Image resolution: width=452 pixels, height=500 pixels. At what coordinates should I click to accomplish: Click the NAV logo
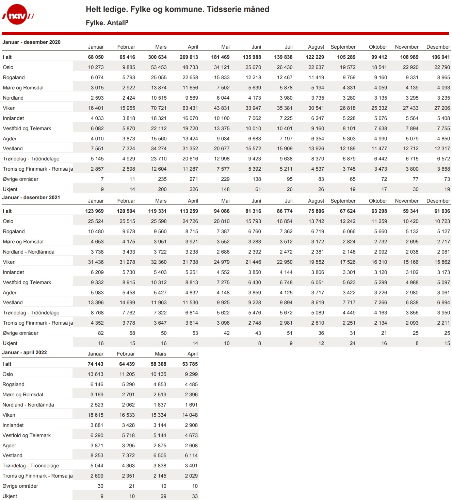(18, 15)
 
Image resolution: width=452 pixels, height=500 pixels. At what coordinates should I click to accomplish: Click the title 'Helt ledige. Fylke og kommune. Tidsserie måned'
(177, 9)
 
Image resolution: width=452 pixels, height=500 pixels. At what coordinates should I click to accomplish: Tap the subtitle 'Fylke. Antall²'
(107, 23)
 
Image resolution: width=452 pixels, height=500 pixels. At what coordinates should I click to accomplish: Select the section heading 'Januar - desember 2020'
(31, 42)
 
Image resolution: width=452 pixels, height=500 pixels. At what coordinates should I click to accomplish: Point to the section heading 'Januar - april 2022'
(25, 352)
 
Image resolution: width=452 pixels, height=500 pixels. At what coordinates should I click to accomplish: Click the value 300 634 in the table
(157, 57)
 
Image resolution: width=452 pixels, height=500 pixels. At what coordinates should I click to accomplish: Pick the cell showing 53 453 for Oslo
(159, 67)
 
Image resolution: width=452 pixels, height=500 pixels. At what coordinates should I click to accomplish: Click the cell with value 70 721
(159, 108)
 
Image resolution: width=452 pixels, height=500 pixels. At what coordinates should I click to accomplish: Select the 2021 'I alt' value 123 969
(94, 211)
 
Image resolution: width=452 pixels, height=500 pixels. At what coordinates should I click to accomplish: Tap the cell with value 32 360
(159, 262)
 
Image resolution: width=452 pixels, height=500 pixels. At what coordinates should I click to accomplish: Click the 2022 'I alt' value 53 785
(190, 364)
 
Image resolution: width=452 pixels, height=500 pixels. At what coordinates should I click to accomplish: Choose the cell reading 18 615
(95, 415)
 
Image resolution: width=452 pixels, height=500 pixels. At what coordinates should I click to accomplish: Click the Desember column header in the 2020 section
(438, 47)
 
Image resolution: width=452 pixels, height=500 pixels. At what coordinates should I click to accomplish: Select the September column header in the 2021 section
(343, 201)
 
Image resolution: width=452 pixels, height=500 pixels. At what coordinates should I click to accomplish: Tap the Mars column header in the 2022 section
(161, 354)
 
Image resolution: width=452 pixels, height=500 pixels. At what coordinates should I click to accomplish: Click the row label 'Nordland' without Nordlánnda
(13, 98)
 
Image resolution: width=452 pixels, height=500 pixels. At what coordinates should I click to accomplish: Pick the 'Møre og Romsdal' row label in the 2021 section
(23, 242)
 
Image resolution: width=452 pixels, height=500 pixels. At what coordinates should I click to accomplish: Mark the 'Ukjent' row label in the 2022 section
(10, 496)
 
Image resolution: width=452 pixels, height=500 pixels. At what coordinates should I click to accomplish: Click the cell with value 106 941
(440, 57)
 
